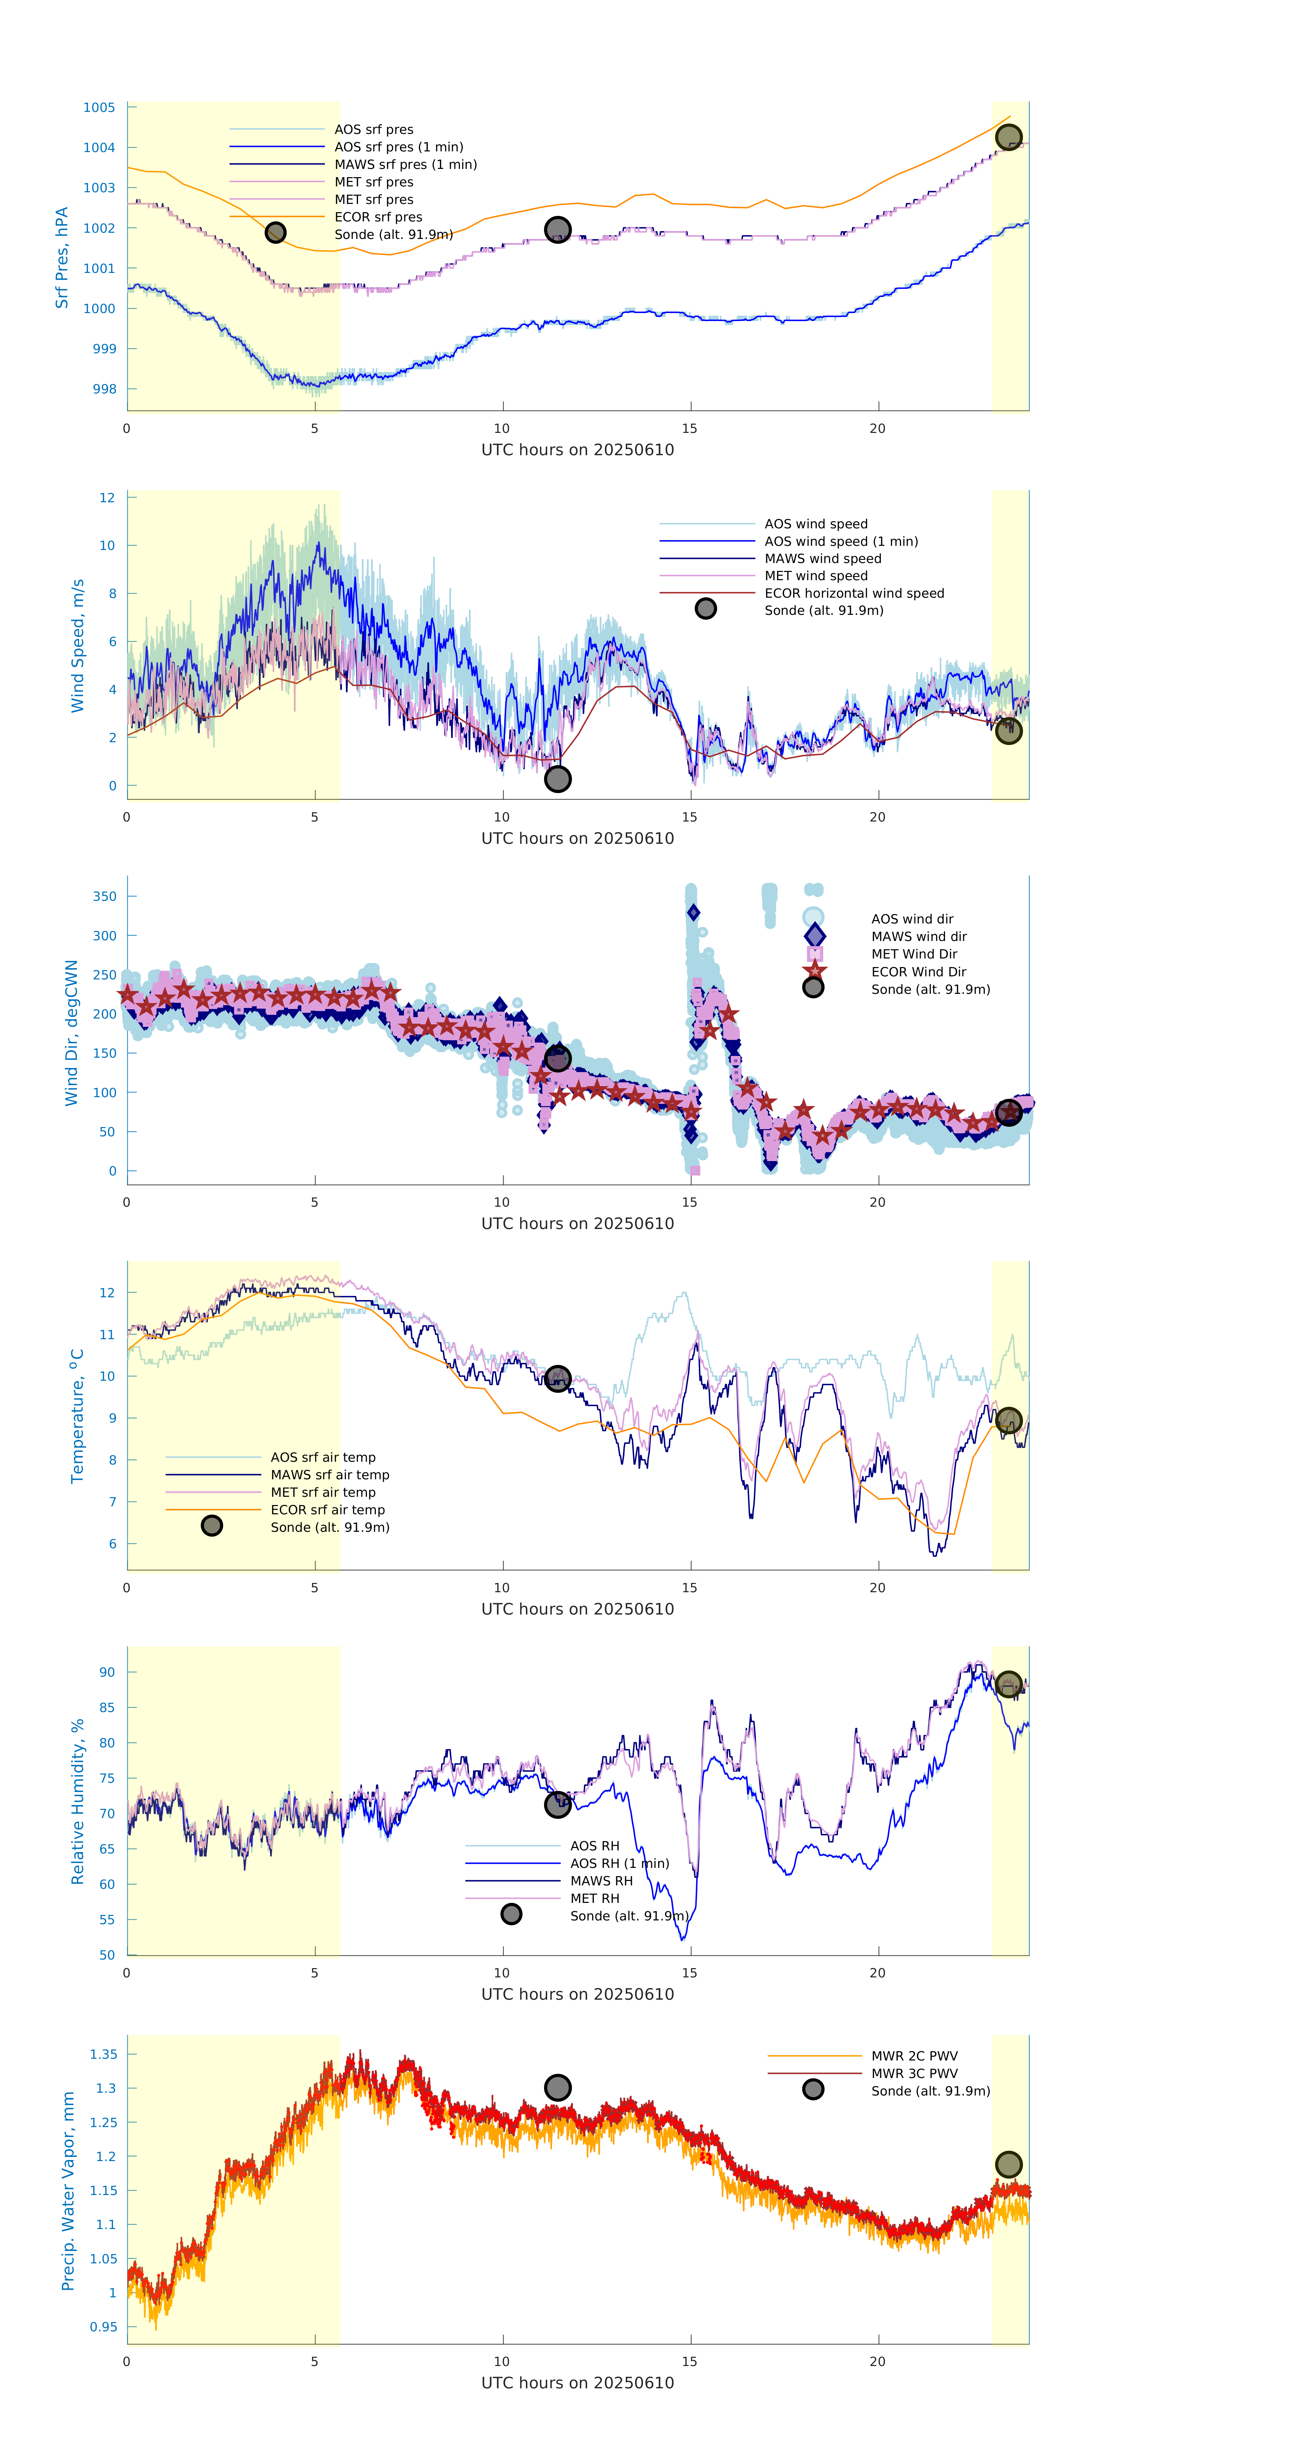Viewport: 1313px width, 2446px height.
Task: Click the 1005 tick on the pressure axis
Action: pos(99,107)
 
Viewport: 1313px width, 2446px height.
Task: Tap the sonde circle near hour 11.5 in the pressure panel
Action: pos(557,230)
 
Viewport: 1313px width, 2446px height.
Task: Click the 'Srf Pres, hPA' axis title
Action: pos(62,257)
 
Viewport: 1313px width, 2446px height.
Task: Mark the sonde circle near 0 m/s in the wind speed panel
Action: pos(557,779)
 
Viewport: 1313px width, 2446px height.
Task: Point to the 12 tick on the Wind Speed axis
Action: pos(107,497)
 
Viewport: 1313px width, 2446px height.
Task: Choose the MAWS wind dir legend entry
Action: pos(918,936)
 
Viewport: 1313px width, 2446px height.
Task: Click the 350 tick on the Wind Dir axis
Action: pos(104,896)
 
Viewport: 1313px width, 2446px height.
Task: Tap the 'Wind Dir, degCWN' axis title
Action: pos(71,1032)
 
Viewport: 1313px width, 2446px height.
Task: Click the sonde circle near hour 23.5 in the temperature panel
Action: pos(1008,1421)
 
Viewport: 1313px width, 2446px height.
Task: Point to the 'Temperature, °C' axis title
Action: pos(77,1416)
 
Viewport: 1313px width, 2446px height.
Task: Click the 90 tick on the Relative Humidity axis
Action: pos(107,1672)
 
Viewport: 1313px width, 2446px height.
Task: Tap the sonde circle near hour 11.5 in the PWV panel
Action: pos(557,2087)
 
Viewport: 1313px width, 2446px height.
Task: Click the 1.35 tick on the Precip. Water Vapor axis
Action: pos(103,2054)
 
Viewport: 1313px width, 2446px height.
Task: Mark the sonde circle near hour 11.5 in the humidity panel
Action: pos(557,1804)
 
